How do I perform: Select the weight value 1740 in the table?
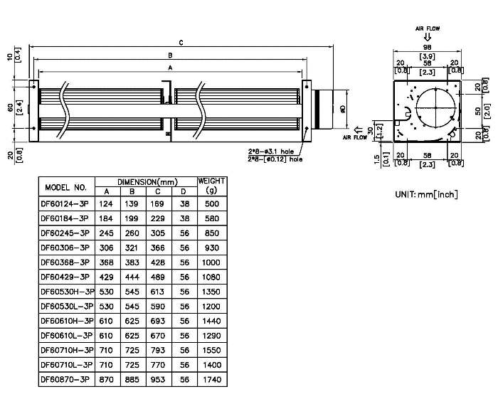pyautogui.click(x=211, y=380)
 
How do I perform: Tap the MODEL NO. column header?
pyautogui.click(x=65, y=188)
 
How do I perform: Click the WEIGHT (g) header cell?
pyautogui.click(x=211, y=186)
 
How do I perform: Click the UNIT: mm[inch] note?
pyautogui.click(x=426, y=193)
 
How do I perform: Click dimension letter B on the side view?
pyautogui.click(x=169, y=55)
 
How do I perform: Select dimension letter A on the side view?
pyautogui.click(x=169, y=67)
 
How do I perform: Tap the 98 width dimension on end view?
pyautogui.click(x=427, y=46)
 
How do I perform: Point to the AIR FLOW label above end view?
pyautogui.click(x=428, y=28)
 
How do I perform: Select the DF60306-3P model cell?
pyautogui.click(x=65, y=247)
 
